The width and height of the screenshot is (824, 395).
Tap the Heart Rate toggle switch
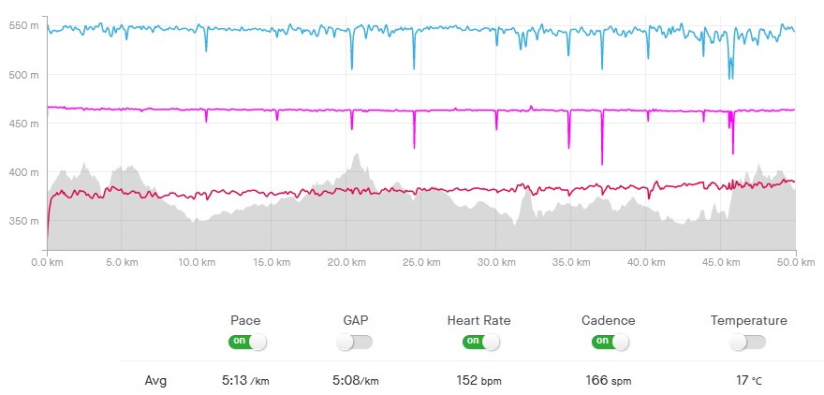478,342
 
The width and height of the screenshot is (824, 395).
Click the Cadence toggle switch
608,342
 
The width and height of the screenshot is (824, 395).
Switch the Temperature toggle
748,342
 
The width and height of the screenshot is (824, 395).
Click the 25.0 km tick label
419,263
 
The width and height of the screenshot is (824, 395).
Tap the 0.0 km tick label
47,263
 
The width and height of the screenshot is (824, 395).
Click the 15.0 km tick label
270,263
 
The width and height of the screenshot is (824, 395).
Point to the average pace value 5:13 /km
244,381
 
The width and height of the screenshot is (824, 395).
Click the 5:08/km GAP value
357,381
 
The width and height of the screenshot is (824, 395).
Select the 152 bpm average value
478,381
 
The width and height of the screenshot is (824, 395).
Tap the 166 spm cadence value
608,381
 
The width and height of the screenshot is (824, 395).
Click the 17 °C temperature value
748,381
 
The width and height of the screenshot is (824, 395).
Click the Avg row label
156,381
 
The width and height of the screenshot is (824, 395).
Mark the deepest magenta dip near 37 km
602,164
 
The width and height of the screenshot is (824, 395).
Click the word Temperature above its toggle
748,320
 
